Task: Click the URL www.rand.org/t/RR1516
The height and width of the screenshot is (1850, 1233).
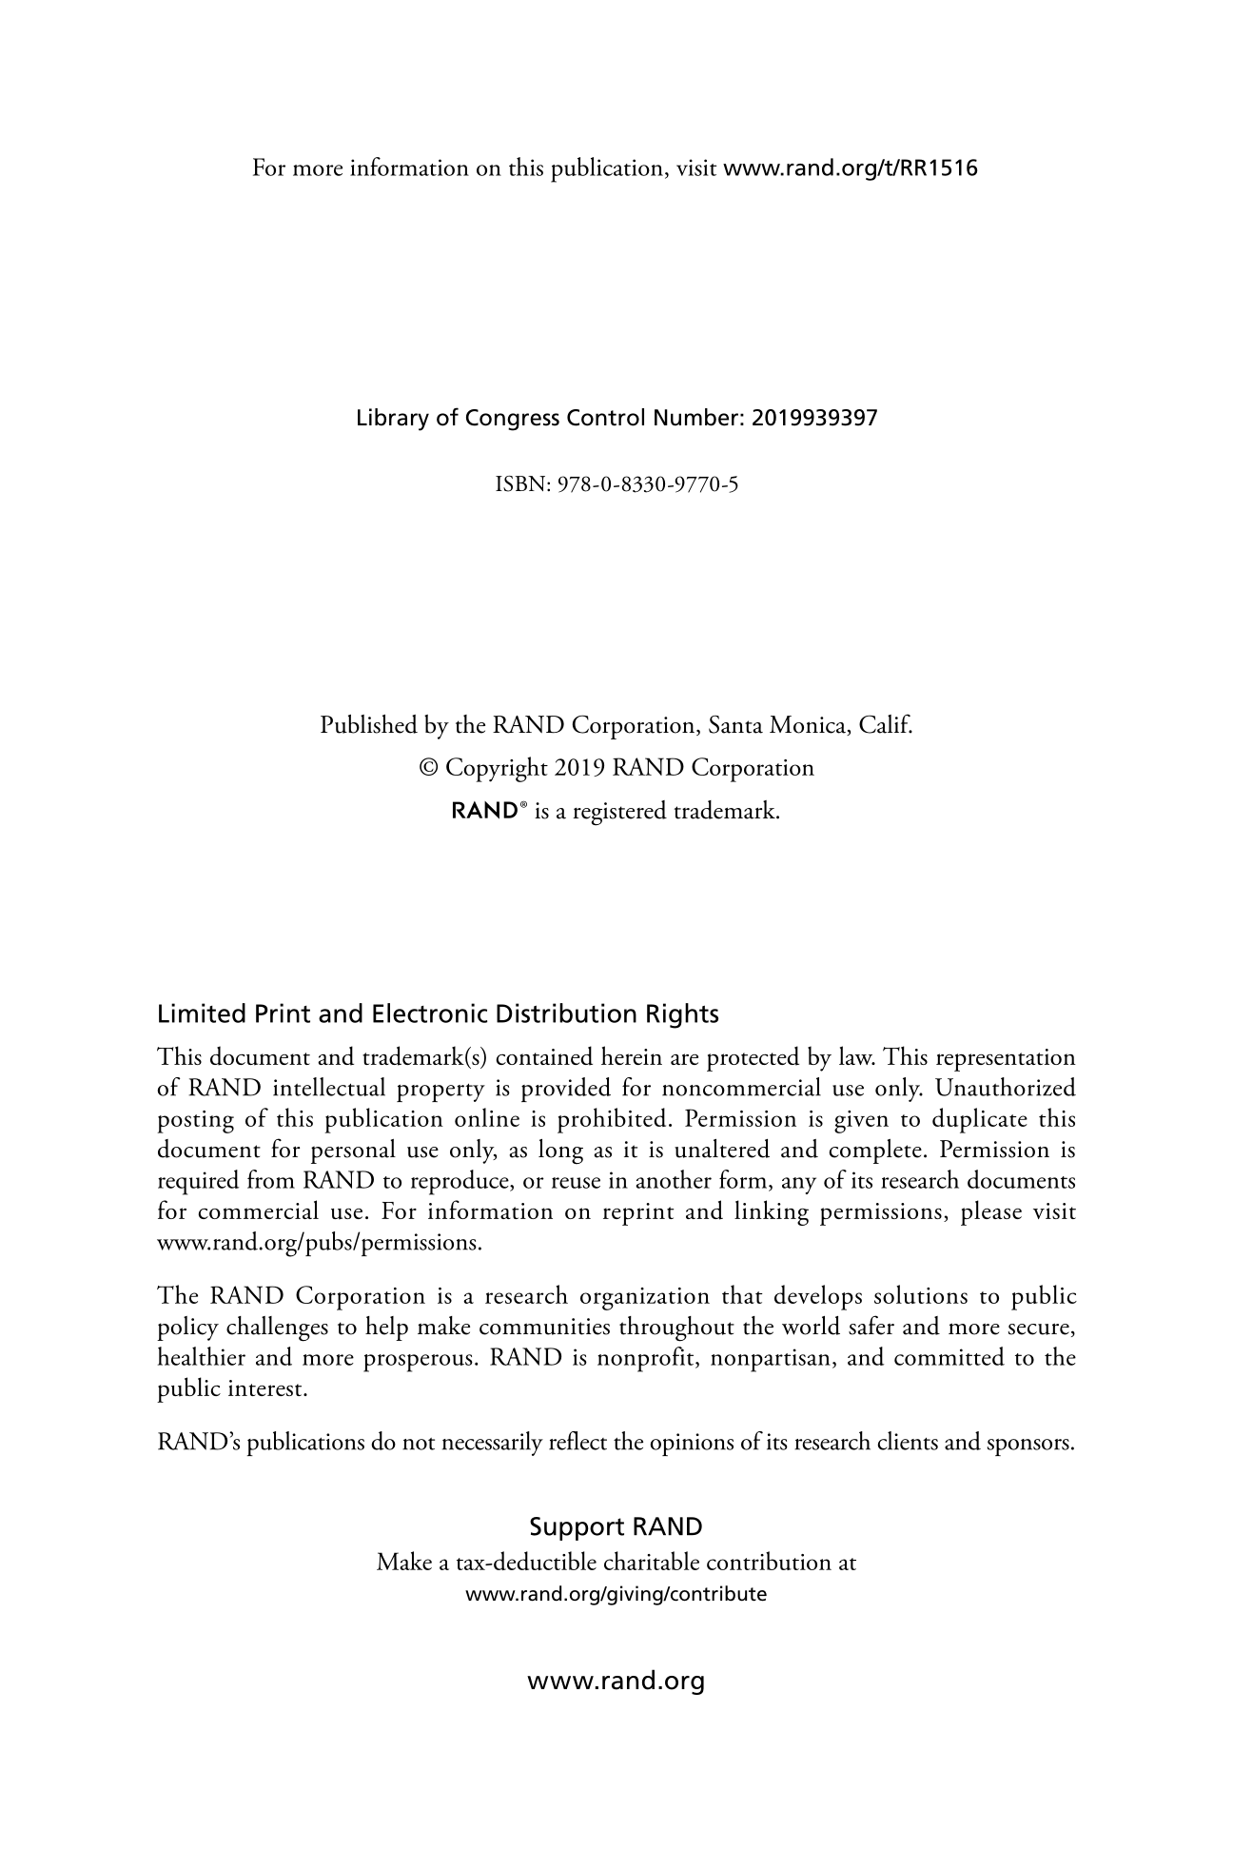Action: [851, 169]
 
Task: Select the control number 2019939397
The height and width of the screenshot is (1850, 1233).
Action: [814, 418]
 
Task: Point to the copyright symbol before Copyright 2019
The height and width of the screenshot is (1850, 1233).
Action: [429, 768]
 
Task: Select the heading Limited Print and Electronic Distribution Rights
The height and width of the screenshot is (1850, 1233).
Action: [438, 1014]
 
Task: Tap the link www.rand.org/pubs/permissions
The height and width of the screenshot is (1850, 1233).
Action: [320, 1243]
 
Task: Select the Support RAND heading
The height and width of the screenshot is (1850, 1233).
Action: [616, 1527]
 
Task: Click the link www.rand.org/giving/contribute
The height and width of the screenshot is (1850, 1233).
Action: [615, 1594]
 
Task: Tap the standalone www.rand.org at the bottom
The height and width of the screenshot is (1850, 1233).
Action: [616, 1681]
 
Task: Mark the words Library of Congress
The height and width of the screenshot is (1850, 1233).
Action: [458, 418]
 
